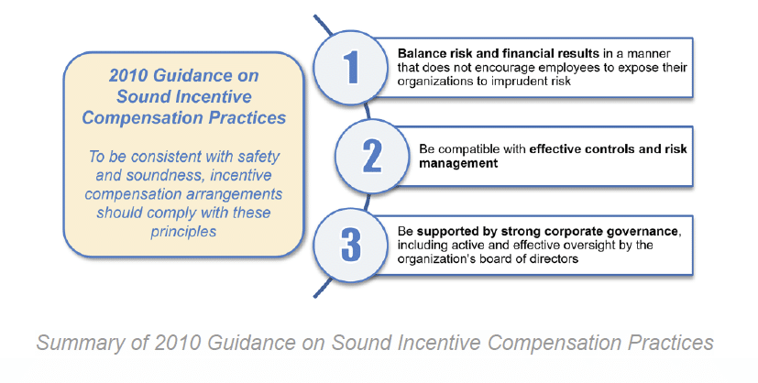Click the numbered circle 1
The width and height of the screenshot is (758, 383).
point(350,68)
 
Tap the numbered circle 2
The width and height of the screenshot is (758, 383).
point(372,156)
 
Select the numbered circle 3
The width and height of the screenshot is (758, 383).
point(350,245)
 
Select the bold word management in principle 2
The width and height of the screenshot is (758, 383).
point(458,163)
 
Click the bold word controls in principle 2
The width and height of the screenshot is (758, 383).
point(606,148)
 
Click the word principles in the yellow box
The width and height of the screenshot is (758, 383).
point(183,232)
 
